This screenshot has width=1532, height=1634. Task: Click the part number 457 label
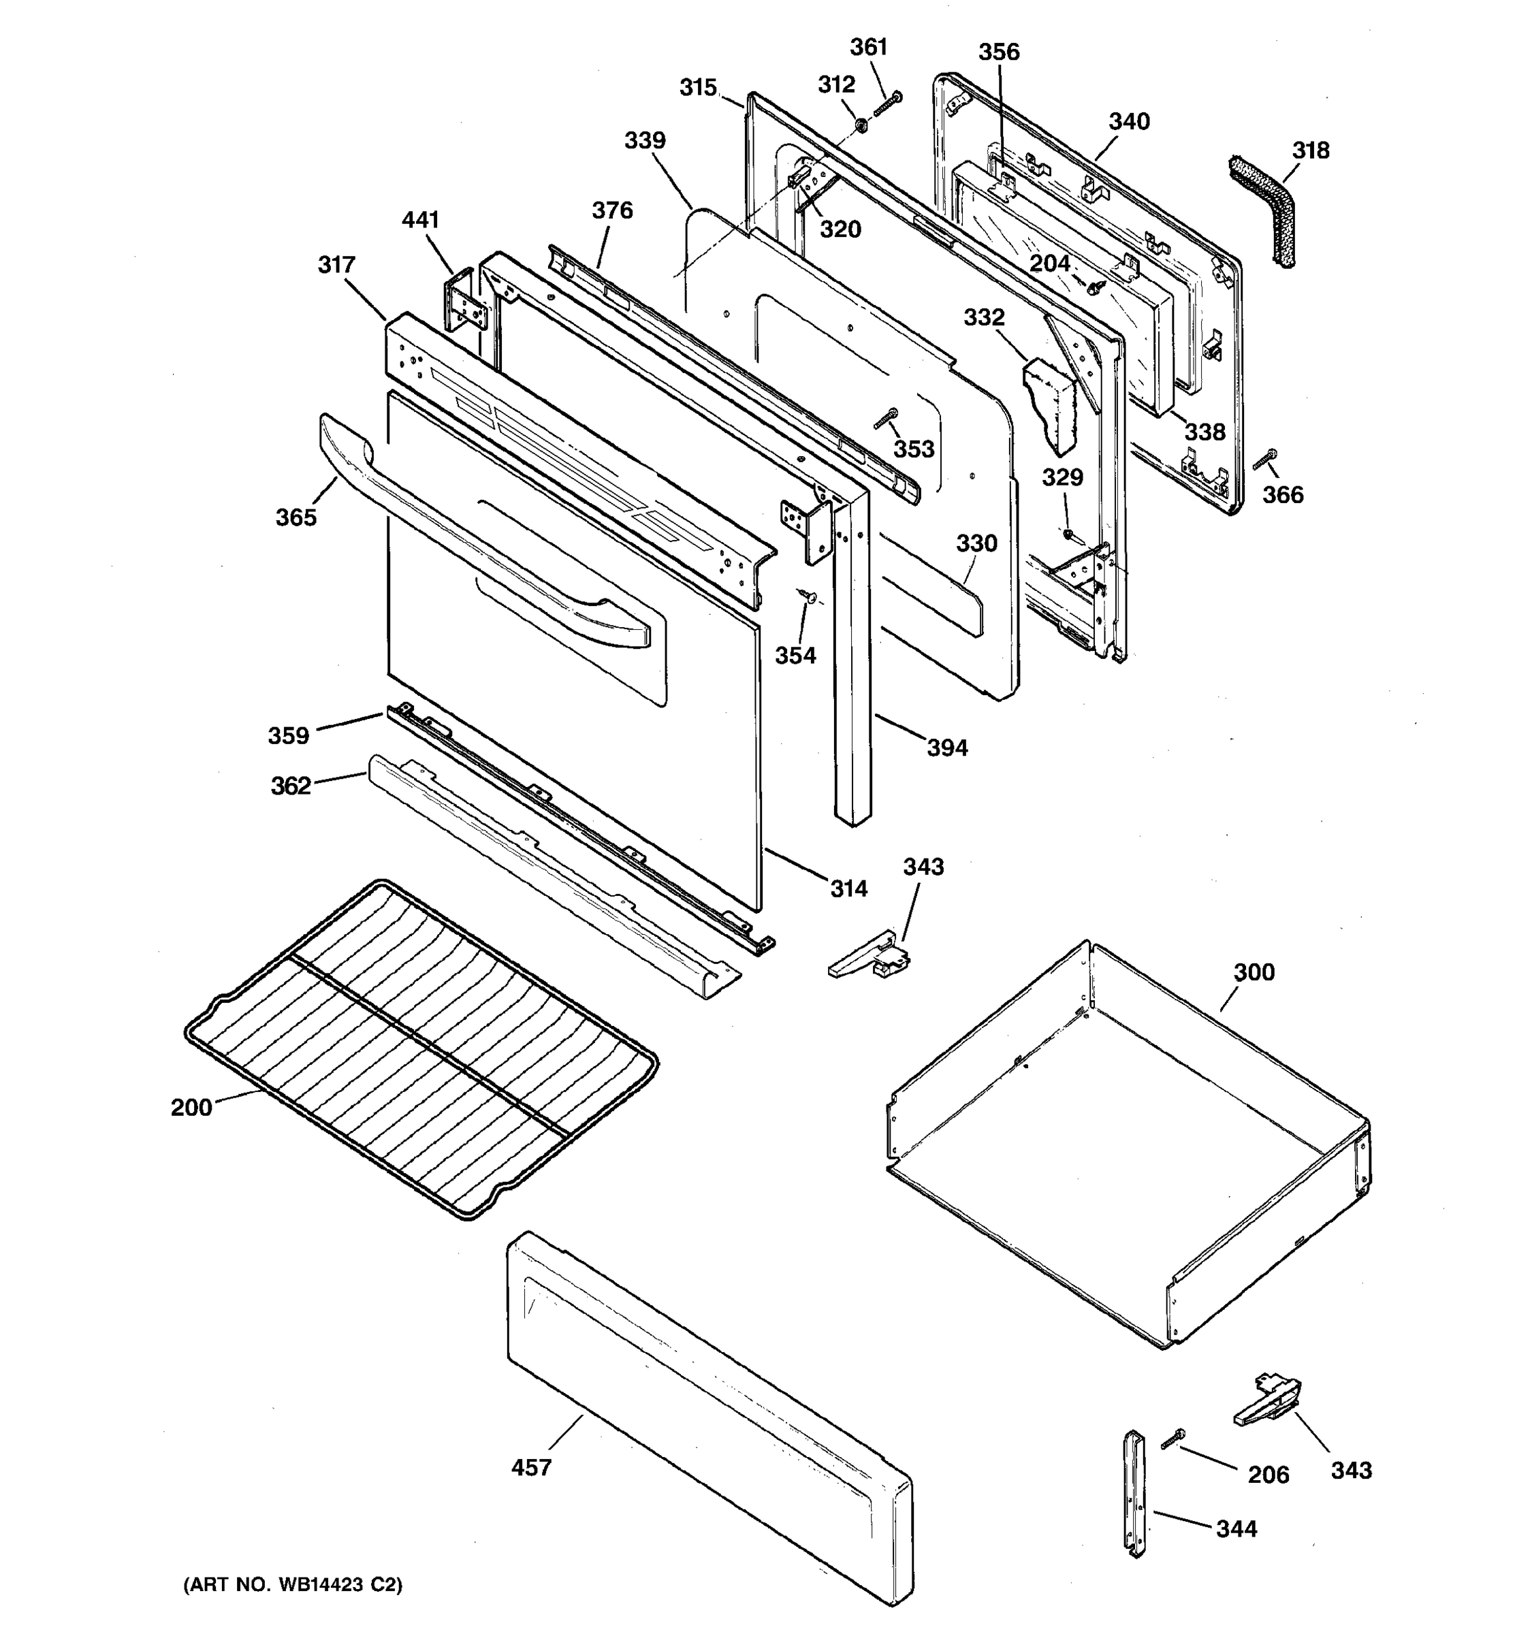tap(531, 1467)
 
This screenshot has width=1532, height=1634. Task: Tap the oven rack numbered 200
tap(419, 1048)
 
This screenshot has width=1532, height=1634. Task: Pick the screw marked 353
tap(887, 419)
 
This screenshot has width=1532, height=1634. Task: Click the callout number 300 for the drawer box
tap(1254, 972)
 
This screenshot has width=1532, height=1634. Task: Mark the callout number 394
tap(947, 748)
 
